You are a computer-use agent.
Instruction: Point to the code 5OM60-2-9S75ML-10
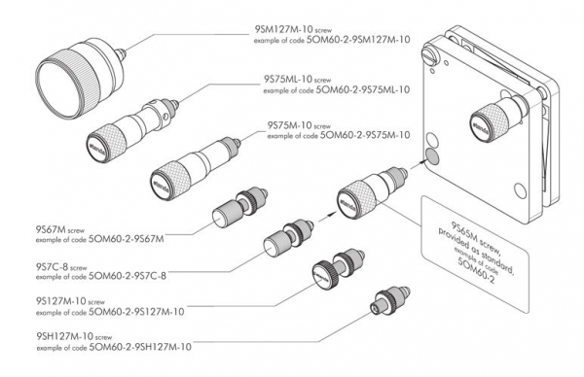tap(346, 89)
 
